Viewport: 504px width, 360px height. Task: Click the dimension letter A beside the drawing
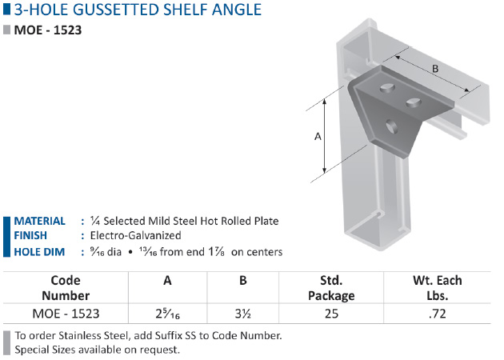(318, 137)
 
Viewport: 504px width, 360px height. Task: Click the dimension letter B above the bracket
(435, 69)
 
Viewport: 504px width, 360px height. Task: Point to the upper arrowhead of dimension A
(325, 102)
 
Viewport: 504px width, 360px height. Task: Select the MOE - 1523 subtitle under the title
(48, 30)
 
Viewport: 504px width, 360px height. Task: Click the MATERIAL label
(39, 221)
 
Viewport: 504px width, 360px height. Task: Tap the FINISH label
(30, 236)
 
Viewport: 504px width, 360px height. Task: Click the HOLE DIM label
(39, 252)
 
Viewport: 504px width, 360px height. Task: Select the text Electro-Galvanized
(136, 236)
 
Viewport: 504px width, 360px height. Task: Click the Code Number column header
(66, 288)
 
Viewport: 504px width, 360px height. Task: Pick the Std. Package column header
(331, 288)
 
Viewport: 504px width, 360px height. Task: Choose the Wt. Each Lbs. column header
(438, 288)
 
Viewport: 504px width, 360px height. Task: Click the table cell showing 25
(331, 314)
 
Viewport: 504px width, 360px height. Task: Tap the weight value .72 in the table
(437, 314)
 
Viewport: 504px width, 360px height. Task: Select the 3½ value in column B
(243, 314)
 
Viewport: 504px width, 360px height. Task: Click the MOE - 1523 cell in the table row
(66, 314)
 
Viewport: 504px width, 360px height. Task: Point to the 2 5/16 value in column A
(167, 314)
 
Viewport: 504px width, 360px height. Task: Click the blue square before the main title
(6, 10)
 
